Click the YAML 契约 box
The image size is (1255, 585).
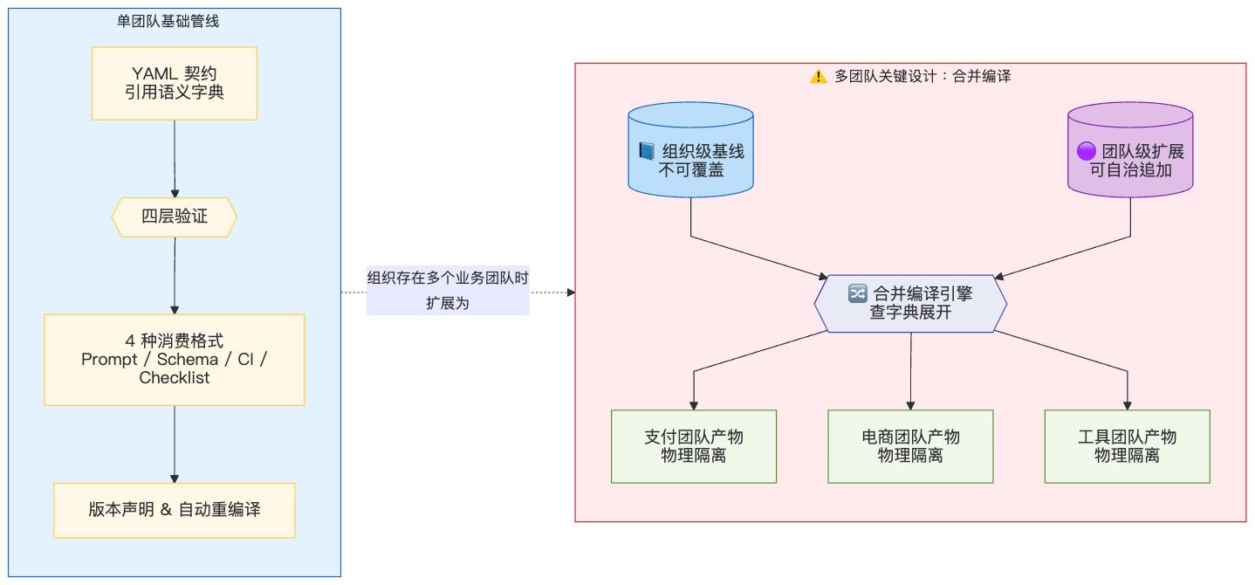click(x=175, y=84)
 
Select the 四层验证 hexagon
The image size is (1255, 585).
click(x=175, y=217)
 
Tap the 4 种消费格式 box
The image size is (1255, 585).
click(x=175, y=360)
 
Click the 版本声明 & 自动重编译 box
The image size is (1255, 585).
click(x=175, y=511)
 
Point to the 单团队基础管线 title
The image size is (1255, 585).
click(x=168, y=21)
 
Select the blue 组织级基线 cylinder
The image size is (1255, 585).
click(x=691, y=149)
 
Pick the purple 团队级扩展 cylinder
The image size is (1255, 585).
click(x=1130, y=149)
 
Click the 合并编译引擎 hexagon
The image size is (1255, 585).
click(x=910, y=303)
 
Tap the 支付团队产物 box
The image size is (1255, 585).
click(x=694, y=446)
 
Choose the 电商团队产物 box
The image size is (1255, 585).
click(x=910, y=446)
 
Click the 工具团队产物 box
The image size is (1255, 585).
click(x=1128, y=446)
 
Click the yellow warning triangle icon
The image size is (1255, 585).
click(x=819, y=76)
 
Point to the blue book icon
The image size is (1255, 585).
click(x=647, y=151)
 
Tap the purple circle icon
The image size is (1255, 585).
click(x=1087, y=151)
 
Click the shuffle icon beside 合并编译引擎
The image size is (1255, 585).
click(x=858, y=293)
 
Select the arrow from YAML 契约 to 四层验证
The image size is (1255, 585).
click(x=175, y=159)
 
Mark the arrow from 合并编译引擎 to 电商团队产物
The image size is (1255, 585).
click(x=910, y=371)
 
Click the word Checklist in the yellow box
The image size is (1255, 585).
click(x=175, y=378)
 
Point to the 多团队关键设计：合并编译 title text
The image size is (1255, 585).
click(x=922, y=76)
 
